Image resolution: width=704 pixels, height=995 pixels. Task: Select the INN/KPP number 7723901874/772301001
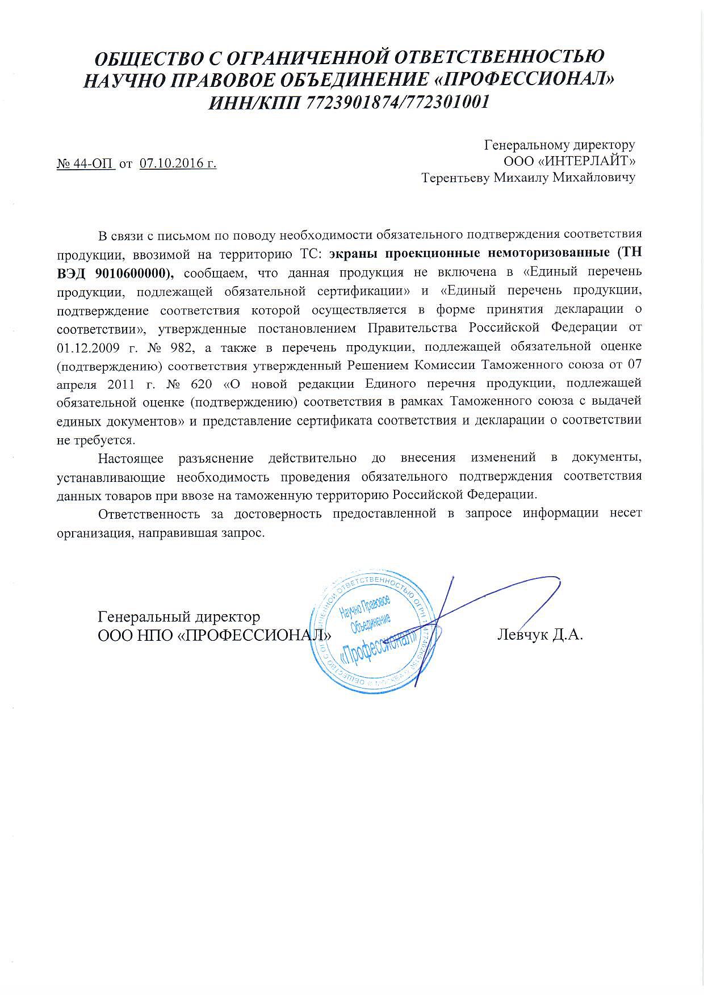[x=397, y=103]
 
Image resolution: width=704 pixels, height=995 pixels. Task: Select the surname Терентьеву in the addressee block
[x=455, y=178]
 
